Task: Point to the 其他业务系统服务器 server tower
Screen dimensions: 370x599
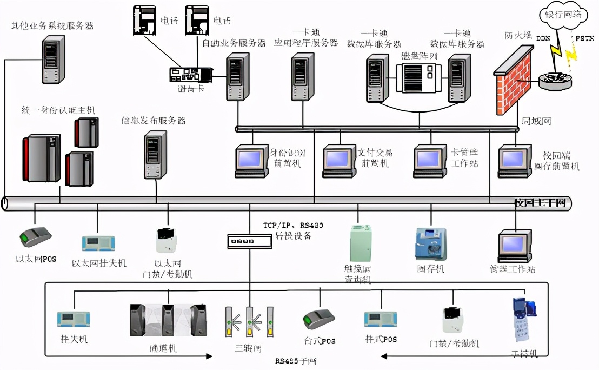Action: [x=52, y=59]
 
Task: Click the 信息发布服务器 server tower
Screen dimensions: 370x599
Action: [x=154, y=154]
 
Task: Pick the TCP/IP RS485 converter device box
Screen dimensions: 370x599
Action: [x=249, y=241]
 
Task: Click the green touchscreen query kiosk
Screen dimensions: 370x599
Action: [x=361, y=244]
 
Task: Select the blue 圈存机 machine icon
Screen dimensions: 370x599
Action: [x=431, y=245]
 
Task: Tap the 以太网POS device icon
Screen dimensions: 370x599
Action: [x=35, y=237]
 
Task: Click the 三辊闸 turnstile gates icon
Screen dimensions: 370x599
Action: [x=249, y=322]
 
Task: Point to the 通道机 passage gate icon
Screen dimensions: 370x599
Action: [x=168, y=320]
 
